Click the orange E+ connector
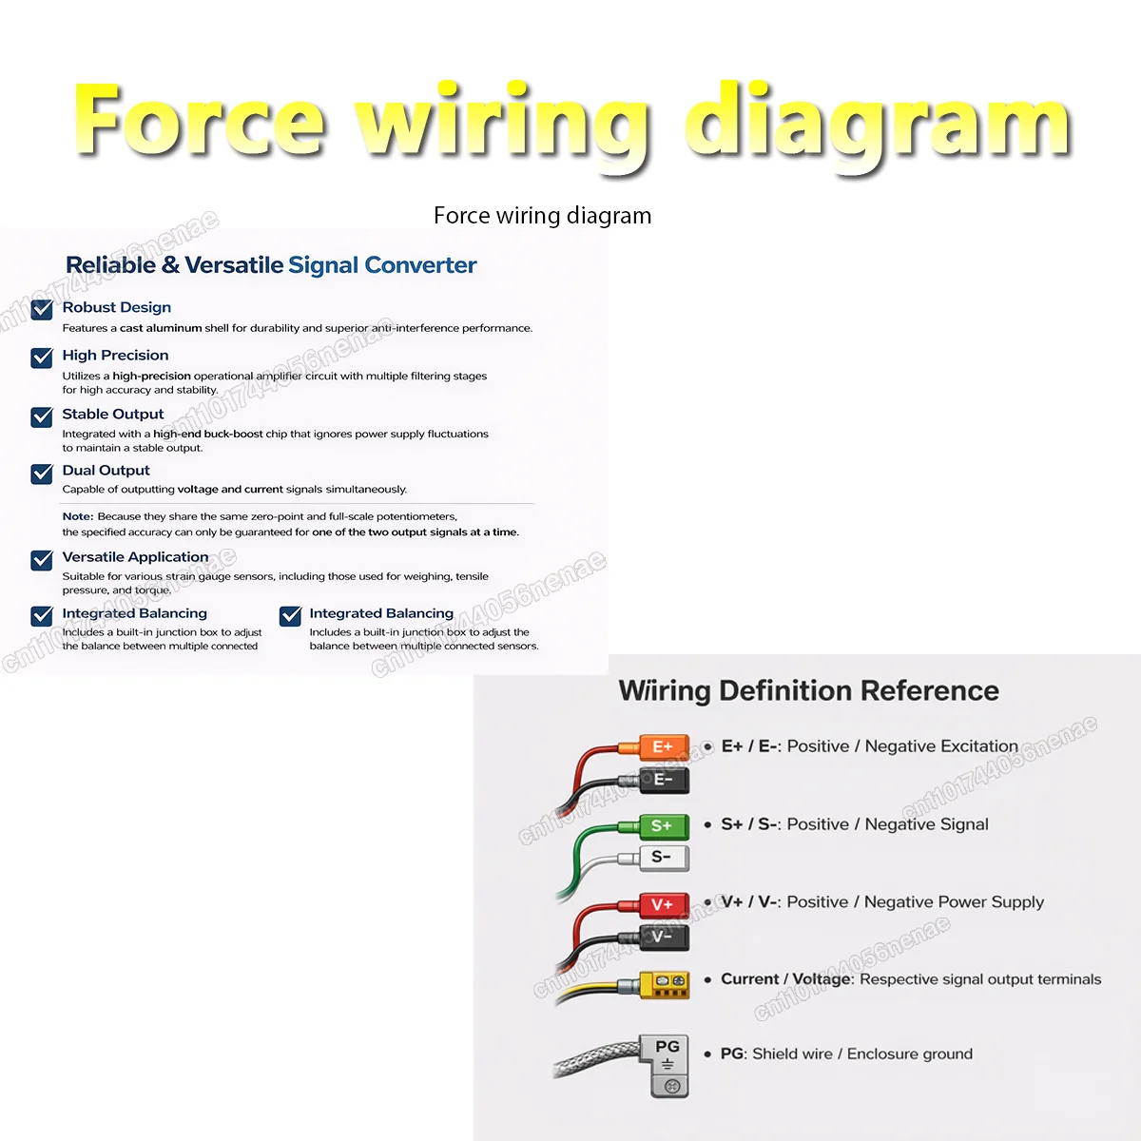[664, 746]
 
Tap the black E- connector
[664, 780]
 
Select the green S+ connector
[664, 826]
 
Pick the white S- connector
[664, 858]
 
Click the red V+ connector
[664, 905]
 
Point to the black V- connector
[664, 938]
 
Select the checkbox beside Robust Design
[42, 309]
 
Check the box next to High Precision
[42, 358]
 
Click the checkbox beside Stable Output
[42, 416]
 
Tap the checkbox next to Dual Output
[42, 474]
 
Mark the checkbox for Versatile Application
[42, 559]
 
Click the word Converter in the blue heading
[420, 264]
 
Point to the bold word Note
[78, 516]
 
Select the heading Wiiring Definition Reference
[809, 691]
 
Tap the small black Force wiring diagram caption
[542, 216]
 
